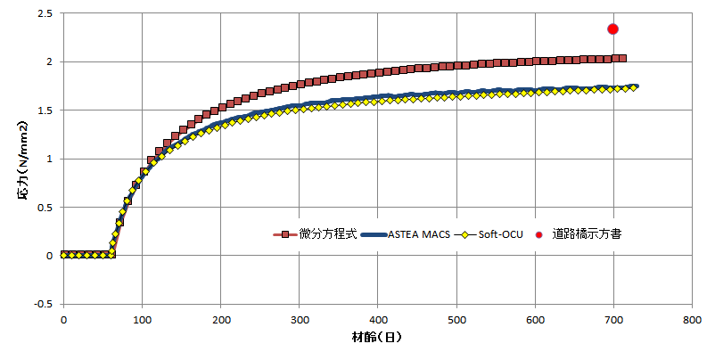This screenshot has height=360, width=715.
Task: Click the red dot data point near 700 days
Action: (613, 29)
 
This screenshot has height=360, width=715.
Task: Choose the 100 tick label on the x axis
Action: (141, 318)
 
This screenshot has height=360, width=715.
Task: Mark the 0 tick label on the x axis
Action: (62, 318)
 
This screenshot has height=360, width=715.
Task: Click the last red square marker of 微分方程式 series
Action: (621, 59)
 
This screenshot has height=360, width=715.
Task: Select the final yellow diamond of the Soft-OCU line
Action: (634, 87)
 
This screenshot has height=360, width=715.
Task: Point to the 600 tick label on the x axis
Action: (535, 318)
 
